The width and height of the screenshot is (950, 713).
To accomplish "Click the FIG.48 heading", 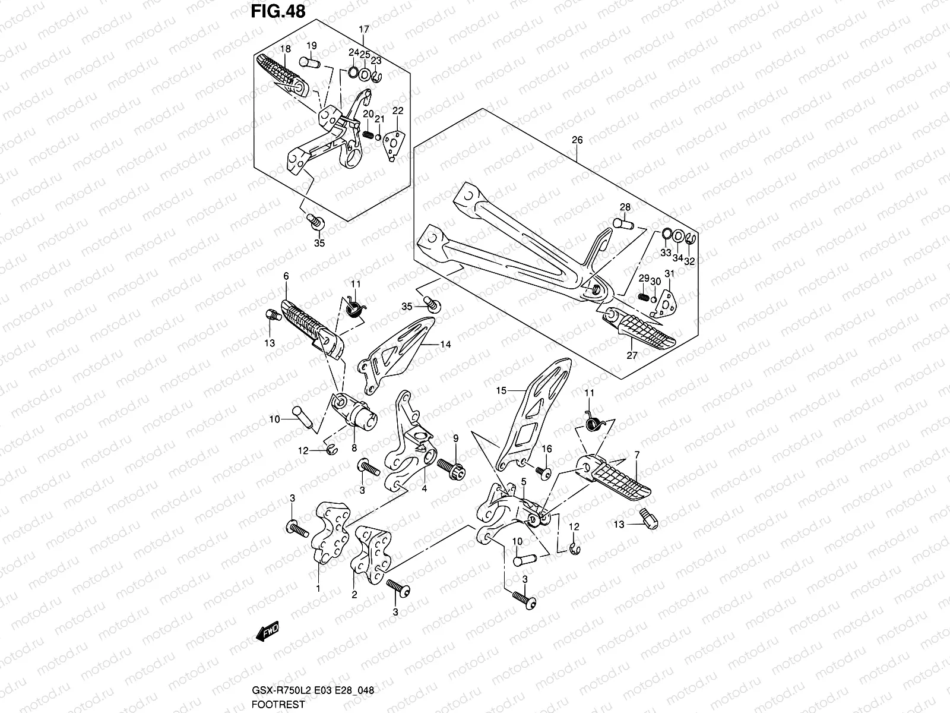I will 277,12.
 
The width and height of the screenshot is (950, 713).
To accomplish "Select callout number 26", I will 577,141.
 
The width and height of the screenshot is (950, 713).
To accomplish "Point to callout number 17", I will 364,29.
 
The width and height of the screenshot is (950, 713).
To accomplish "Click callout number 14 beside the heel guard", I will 445,344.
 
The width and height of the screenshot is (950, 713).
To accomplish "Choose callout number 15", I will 502,390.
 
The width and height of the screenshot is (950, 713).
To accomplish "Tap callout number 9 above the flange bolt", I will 456,438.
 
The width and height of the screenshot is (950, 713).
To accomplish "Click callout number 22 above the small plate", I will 398,111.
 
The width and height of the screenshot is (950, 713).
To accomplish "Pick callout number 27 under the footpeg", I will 632,355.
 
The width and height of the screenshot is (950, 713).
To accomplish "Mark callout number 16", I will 546,449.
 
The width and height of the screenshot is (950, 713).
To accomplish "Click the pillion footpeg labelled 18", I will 282,74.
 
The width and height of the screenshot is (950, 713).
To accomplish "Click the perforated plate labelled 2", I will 372,552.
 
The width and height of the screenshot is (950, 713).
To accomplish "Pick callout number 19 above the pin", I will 312,46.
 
